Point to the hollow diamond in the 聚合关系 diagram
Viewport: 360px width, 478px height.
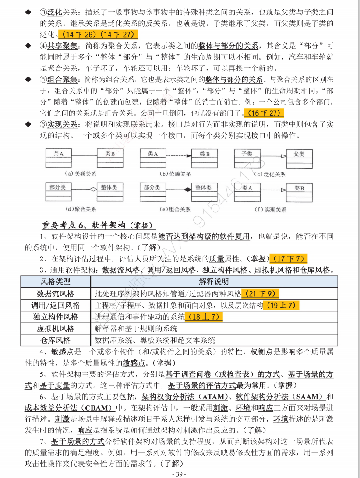click(x=92, y=190)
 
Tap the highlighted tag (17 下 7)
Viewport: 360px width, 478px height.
click(x=289, y=258)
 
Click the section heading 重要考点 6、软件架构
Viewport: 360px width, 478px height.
click(x=98, y=225)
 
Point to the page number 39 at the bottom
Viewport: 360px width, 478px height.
click(x=180, y=474)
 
